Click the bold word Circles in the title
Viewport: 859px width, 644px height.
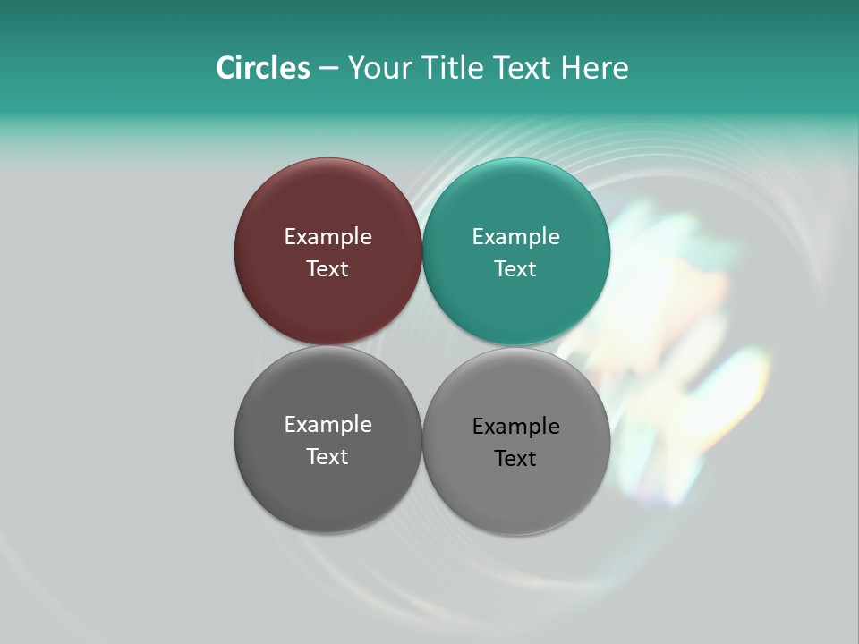[262, 68]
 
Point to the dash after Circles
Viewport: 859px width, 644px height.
[328, 68]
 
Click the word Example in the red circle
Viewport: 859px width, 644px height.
[327, 237]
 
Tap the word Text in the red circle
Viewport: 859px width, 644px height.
[327, 269]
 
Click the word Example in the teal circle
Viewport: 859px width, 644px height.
[515, 237]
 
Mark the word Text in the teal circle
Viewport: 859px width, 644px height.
[515, 269]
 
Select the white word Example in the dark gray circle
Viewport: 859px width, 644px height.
[327, 425]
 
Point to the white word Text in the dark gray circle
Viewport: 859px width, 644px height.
[327, 457]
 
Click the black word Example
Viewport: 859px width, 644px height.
[515, 427]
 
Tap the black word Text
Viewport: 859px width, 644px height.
[515, 459]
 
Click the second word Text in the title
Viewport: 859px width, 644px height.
[523, 68]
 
